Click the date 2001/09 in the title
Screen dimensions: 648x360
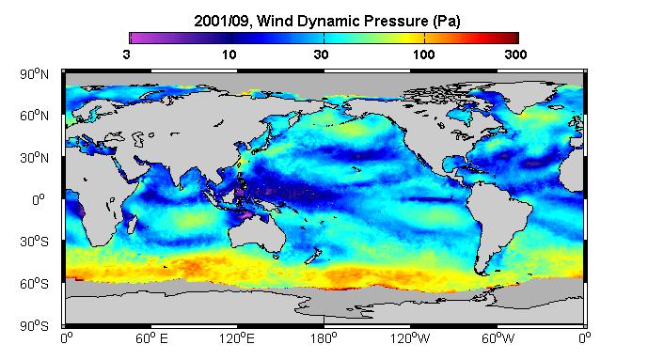point(222,21)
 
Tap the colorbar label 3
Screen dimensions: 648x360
point(126,55)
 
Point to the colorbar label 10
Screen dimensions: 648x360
point(229,55)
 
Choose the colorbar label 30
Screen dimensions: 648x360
point(321,55)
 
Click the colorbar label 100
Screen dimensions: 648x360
point(423,55)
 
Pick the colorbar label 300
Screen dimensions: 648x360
point(515,55)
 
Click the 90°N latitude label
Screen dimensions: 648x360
point(34,74)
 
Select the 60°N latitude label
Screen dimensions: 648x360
point(34,116)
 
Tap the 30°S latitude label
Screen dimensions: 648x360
point(34,242)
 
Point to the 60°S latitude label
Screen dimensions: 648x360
point(34,284)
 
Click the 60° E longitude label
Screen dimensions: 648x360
point(151,338)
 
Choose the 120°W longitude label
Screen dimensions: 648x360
point(410,338)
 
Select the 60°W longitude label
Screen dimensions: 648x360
point(498,338)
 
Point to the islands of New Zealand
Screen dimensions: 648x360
point(313,256)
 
